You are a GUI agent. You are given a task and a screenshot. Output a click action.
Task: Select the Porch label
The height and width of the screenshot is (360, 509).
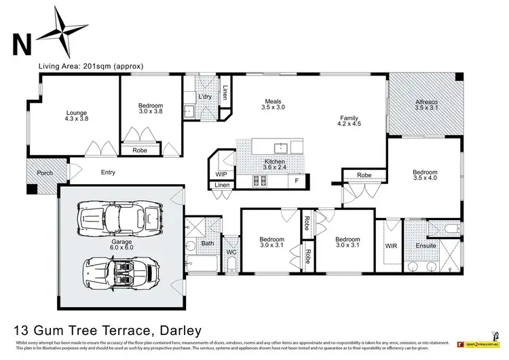(45, 173)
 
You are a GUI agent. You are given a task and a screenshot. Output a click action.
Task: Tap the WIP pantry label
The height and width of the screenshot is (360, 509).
(221, 174)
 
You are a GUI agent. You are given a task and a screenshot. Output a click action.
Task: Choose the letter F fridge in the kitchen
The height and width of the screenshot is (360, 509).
(296, 181)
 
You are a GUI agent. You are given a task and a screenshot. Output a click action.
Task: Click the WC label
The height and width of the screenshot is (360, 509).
(231, 253)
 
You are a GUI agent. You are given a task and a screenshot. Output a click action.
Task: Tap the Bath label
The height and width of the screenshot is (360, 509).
(208, 242)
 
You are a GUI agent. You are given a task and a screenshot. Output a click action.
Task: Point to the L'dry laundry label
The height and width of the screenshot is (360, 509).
(205, 96)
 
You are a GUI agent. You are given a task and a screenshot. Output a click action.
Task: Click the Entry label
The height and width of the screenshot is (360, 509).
(108, 173)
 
